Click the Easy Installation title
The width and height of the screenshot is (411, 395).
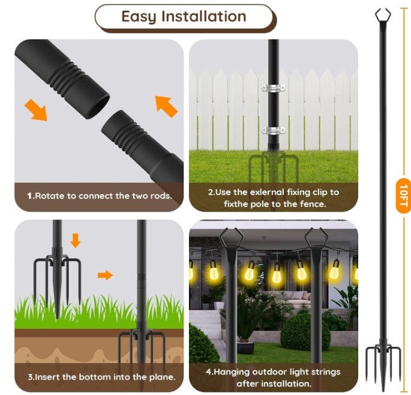pyautogui.click(x=184, y=16)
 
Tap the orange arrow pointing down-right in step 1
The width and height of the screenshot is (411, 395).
pyautogui.click(x=35, y=110)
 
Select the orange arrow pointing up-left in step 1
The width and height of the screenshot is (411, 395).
pyautogui.click(x=166, y=105)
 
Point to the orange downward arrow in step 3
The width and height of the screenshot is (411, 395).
pyautogui.click(x=75, y=240)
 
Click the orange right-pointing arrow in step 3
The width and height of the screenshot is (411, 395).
pyautogui.click(x=105, y=275)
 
